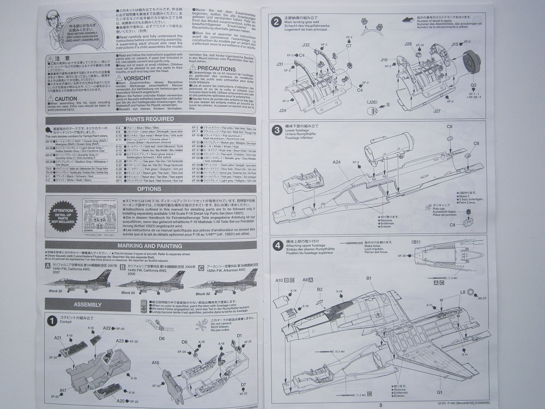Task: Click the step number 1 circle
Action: pos(51,320)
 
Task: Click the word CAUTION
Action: pos(66,98)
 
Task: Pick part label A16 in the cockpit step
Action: pos(156,363)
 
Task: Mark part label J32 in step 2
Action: pos(306,45)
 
